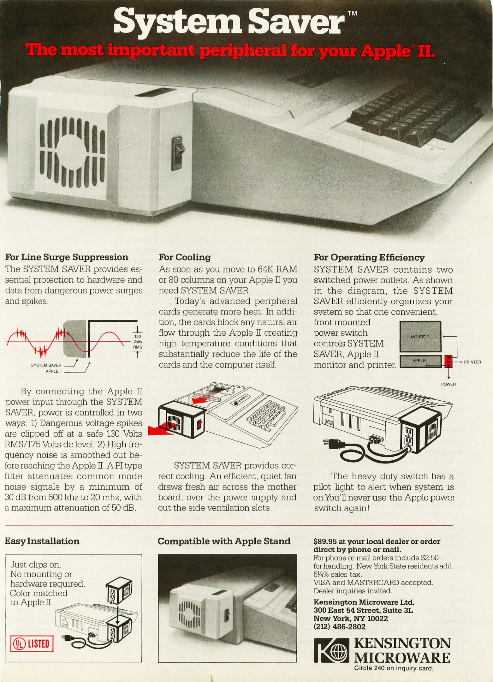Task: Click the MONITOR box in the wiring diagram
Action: (x=420, y=337)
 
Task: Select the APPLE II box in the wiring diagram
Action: (x=420, y=361)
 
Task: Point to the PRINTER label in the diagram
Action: (x=472, y=362)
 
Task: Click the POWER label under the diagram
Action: (x=448, y=384)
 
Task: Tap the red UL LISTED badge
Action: (x=32, y=643)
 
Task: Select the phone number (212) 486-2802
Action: (x=339, y=627)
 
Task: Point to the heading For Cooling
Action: (x=185, y=257)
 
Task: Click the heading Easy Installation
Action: (x=42, y=541)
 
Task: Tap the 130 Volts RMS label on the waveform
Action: (x=138, y=342)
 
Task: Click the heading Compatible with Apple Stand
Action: (x=224, y=541)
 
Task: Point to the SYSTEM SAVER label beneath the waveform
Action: (x=46, y=365)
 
